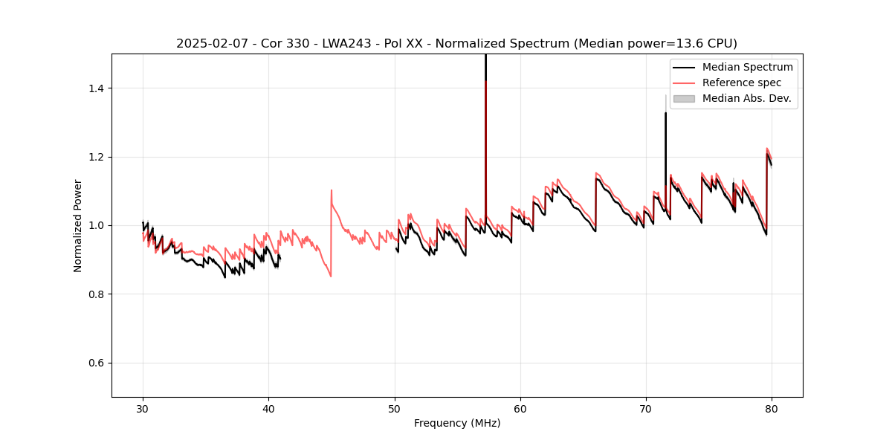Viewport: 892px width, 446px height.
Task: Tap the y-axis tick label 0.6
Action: (96, 363)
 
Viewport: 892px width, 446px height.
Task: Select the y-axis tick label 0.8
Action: (96, 294)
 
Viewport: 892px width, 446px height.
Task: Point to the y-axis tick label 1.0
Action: (96, 225)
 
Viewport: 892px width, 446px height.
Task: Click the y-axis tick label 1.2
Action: (96, 157)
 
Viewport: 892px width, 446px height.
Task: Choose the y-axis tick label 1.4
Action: (96, 88)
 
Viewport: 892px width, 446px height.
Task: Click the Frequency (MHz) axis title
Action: (457, 423)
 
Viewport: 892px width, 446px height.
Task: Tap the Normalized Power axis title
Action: (78, 225)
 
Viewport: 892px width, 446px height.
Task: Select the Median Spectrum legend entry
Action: (747, 67)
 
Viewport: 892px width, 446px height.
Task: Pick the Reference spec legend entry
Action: (742, 83)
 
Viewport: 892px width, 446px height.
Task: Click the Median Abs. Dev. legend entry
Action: (746, 98)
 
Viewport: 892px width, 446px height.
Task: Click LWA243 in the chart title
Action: (348, 44)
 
